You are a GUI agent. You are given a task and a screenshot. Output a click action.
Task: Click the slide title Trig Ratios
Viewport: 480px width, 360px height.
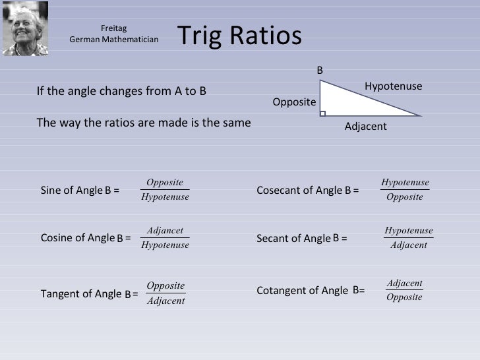click(239, 37)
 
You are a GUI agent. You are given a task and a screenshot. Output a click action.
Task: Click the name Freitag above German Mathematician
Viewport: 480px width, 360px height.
click(113, 28)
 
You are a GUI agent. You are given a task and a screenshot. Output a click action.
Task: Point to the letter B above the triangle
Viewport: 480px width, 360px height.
click(320, 70)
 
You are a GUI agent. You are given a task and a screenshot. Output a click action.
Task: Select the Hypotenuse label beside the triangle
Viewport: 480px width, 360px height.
click(393, 86)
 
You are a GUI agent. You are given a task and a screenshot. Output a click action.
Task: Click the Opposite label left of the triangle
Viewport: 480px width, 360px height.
click(294, 103)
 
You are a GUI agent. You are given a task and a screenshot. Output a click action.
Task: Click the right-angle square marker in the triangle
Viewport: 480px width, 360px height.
click(322, 114)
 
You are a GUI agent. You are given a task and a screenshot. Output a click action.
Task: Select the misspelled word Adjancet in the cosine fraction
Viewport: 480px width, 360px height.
click(165, 231)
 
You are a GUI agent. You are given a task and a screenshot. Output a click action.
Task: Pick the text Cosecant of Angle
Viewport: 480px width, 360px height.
click(299, 191)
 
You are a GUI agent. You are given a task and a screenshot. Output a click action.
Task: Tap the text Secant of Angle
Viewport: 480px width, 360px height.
click(293, 238)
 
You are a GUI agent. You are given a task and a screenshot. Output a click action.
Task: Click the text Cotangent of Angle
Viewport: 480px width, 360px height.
click(301, 290)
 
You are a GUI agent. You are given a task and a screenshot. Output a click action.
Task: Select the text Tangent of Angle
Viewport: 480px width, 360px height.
click(81, 294)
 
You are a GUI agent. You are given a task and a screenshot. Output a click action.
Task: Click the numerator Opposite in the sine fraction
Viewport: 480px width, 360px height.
click(165, 183)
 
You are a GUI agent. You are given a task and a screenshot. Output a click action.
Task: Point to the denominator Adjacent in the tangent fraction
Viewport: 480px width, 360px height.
click(165, 301)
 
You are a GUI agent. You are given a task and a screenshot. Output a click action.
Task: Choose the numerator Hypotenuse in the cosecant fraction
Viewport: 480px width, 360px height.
click(405, 183)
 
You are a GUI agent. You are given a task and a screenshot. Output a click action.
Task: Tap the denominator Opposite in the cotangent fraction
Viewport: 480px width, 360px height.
click(404, 297)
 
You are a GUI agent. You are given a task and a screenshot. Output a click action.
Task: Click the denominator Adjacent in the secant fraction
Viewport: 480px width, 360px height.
click(409, 245)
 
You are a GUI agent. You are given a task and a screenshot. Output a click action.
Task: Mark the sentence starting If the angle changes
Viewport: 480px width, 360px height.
click(121, 92)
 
